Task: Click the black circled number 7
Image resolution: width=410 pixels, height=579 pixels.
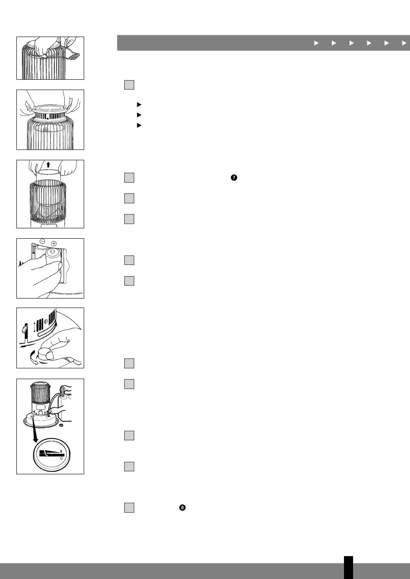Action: tap(234, 177)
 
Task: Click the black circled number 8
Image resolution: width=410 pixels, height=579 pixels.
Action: tap(182, 507)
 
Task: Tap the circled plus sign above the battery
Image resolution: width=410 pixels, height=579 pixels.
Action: tap(54, 243)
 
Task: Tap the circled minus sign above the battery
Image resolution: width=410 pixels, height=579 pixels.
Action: tap(42, 241)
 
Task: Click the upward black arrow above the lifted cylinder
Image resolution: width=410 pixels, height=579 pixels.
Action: tap(48, 165)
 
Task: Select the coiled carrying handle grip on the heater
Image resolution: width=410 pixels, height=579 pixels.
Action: tap(74, 55)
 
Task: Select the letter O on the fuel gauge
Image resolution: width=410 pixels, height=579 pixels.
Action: tap(61, 458)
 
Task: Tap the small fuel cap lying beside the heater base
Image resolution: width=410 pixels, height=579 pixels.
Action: tap(61, 425)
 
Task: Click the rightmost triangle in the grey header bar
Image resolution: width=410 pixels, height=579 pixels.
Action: tap(404, 43)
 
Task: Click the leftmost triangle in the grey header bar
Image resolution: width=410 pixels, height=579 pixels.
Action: tap(316, 43)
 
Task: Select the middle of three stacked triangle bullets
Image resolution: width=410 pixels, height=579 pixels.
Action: tap(139, 115)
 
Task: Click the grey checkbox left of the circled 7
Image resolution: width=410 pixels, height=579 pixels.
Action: tap(129, 178)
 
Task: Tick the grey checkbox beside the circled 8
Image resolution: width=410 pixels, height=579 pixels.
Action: tap(129, 507)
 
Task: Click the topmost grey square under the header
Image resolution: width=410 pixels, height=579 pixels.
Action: tap(129, 85)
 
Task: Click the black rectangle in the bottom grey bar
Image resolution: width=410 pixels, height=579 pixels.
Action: tap(348, 567)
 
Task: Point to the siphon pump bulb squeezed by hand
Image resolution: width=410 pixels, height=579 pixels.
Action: tap(62, 389)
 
